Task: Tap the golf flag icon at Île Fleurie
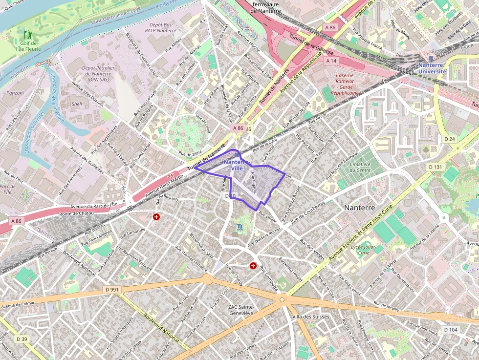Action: coord(27,35)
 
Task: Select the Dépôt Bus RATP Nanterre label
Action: coord(160,27)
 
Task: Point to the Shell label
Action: coord(77,104)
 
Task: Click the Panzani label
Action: coord(15,92)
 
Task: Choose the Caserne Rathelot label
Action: coord(345,83)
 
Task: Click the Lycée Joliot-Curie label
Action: coord(363,250)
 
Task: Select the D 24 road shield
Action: coord(449,139)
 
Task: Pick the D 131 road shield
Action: coord(435,167)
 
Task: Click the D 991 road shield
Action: coord(112,290)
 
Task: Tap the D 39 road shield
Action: coord(22,339)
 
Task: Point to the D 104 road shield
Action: coord(451,330)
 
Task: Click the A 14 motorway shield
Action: coord(331,61)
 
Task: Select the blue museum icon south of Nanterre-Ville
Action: coord(239,227)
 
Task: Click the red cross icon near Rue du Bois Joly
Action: coord(156,216)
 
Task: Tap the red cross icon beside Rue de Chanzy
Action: coord(253,266)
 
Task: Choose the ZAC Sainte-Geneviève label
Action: coord(241,310)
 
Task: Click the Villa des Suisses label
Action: coord(310,317)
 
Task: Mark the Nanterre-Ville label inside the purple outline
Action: coord(237,165)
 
